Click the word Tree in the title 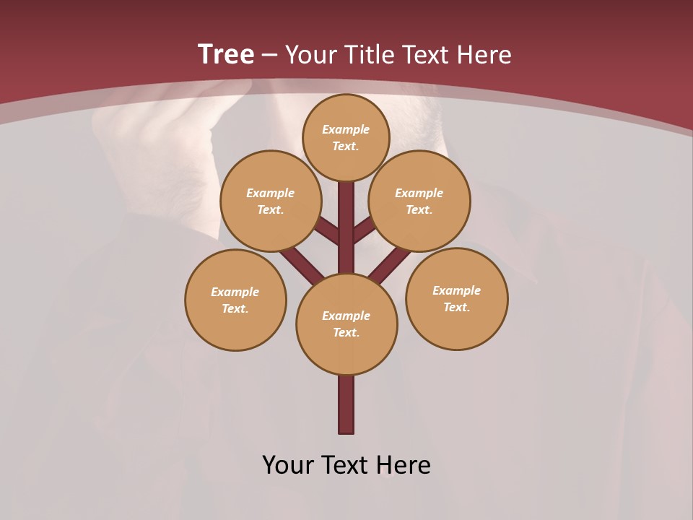point(226,54)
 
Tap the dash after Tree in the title point(269,55)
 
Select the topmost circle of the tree point(346,137)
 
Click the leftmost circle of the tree point(235,300)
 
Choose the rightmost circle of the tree point(456,298)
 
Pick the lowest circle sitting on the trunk point(346,324)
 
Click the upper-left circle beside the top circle point(271,201)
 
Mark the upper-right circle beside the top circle point(419,201)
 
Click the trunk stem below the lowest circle point(346,404)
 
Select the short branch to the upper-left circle point(329,232)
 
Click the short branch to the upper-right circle point(363,230)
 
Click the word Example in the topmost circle point(346,129)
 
